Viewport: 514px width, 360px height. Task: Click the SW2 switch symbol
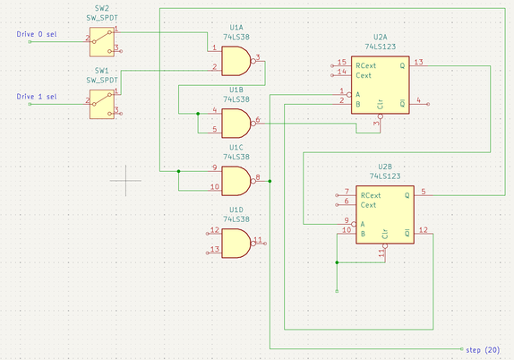(x=102, y=39)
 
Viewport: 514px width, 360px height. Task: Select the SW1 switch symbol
(x=102, y=101)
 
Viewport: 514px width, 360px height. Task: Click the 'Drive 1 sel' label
(x=39, y=97)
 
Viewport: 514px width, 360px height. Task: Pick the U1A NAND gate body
(x=236, y=61)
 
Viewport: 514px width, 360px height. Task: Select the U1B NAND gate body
(x=236, y=122)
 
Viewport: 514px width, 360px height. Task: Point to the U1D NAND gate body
(x=236, y=242)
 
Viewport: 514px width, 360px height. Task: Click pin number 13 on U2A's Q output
(x=419, y=62)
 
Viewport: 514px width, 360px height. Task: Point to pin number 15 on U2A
(x=341, y=62)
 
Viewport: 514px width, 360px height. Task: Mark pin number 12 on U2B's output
(x=424, y=230)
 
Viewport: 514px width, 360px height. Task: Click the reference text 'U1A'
(x=236, y=27)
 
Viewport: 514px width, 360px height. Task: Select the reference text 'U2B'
(x=386, y=167)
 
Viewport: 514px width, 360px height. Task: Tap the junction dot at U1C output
(x=270, y=181)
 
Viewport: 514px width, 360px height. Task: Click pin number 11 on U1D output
(x=257, y=239)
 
